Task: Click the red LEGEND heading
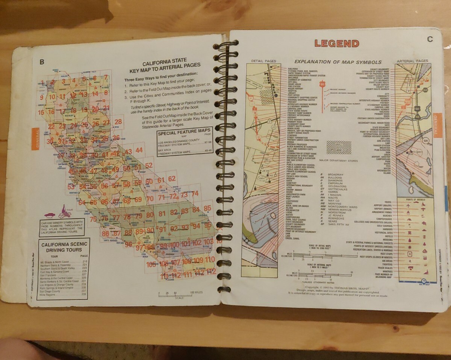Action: [337, 43]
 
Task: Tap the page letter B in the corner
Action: [42, 62]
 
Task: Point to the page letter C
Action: [430, 39]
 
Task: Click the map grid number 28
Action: [118, 122]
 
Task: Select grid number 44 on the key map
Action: [139, 150]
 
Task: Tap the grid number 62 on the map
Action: [172, 179]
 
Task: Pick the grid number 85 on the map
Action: [207, 208]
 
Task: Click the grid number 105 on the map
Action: [151, 264]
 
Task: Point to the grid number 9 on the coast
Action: [42, 97]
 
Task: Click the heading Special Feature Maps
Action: [184, 133]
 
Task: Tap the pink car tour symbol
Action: [49, 216]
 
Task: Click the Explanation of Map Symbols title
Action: [338, 62]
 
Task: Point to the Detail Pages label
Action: [263, 61]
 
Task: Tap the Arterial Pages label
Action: [412, 61]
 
